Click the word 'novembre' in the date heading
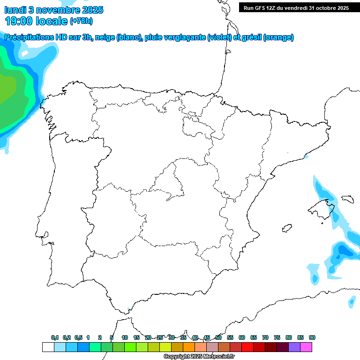click(x=52, y=10)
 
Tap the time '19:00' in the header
click(x=19, y=21)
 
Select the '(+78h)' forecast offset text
click(x=81, y=21)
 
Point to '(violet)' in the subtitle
click(x=219, y=37)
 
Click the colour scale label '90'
click(x=312, y=337)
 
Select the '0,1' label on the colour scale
click(x=55, y=337)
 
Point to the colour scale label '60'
click(x=242, y=337)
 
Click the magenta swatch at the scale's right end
click(x=306, y=347)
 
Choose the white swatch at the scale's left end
click(x=48, y=347)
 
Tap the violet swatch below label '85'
click(x=294, y=347)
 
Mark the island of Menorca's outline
click(x=347, y=199)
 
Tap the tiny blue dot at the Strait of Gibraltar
click(x=128, y=309)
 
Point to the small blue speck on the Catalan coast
click(x=307, y=157)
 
